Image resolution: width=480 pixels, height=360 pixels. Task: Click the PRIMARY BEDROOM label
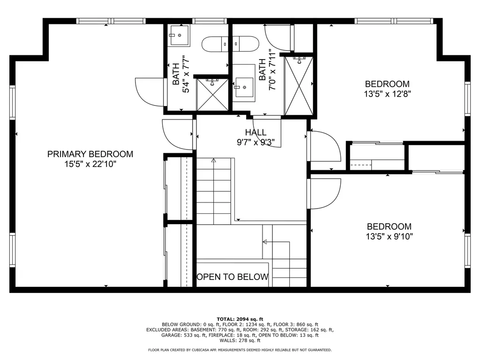[x=90, y=154]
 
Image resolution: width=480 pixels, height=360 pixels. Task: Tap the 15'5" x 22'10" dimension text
[x=90, y=164]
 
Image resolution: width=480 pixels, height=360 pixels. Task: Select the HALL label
[x=255, y=133]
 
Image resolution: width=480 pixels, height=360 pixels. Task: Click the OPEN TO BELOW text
[x=232, y=277]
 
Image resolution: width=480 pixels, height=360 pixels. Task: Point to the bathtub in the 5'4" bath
[x=230, y=45]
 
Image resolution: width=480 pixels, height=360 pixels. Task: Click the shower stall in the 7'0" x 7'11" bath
[x=299, y=84]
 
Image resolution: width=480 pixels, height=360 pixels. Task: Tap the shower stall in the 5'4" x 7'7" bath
[x=213, y=94]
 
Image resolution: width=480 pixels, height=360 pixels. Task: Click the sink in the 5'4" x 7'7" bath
[x=179, y=35]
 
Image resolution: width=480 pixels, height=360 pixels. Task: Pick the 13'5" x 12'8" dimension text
[x=387, y=93]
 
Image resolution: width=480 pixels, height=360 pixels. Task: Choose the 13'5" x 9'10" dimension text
[x=389, y=237]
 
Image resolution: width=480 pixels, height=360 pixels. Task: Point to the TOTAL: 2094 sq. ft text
[x=240, y=319]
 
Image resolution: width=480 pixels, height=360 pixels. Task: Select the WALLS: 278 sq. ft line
[x=240, y=341]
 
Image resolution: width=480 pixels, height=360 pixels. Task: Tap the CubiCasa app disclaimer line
[x=240, y=350]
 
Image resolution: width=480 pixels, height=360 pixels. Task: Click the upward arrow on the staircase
[x=214, y=161]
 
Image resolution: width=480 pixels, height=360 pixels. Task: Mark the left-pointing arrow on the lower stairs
[x=265, y=242]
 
